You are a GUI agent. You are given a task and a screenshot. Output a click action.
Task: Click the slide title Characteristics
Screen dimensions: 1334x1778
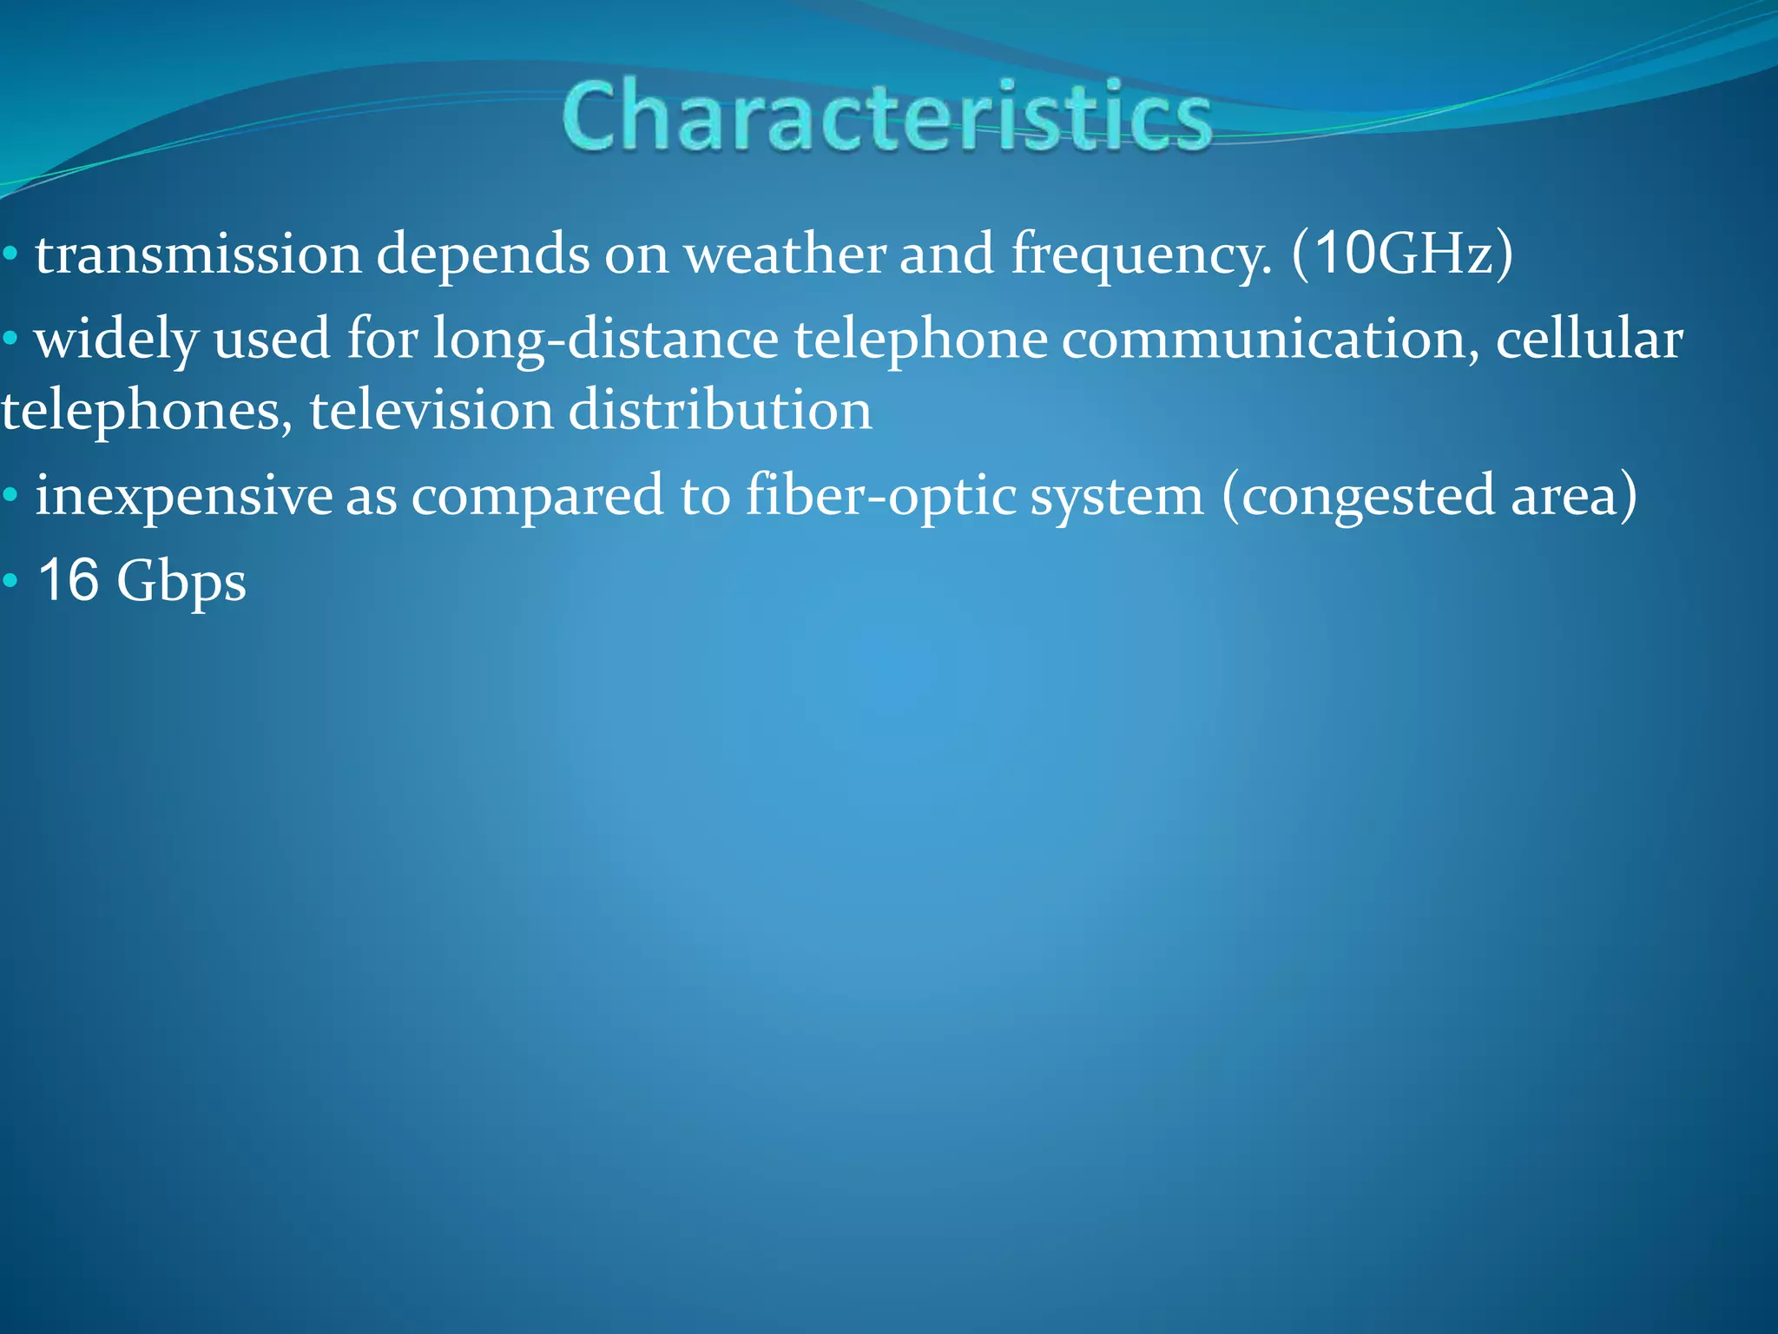[x=886, y=116]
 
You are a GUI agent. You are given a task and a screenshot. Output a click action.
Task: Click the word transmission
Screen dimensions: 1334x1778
[x=198, y=255]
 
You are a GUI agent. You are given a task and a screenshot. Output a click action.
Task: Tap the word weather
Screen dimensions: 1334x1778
[x=785, y=255]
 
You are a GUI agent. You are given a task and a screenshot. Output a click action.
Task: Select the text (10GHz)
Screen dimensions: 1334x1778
[x=1401, y=255]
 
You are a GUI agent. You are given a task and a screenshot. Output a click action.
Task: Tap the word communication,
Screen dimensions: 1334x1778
[x=1270, y=340]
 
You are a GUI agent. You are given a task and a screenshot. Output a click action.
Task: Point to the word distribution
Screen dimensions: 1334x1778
[x=720, y=410]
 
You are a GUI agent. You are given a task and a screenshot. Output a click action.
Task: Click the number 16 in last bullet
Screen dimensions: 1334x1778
[x=69, y=580]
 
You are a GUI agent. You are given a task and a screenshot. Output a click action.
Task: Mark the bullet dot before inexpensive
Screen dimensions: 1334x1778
[x=10, y=496]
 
